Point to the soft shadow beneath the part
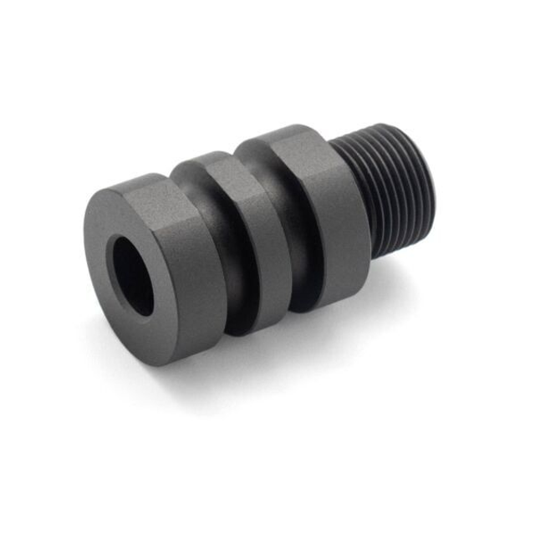[x=276, y=351]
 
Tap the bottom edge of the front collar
[x=180, y=359]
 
